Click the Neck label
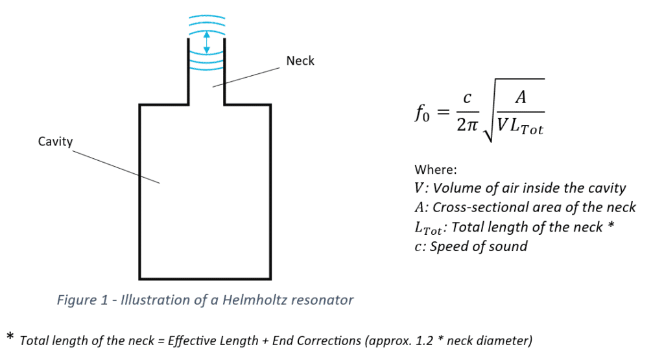click(300, 61)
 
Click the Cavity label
click(55, 141)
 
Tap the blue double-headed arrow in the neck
click(206, 43)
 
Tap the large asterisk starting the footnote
click(10, 337)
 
